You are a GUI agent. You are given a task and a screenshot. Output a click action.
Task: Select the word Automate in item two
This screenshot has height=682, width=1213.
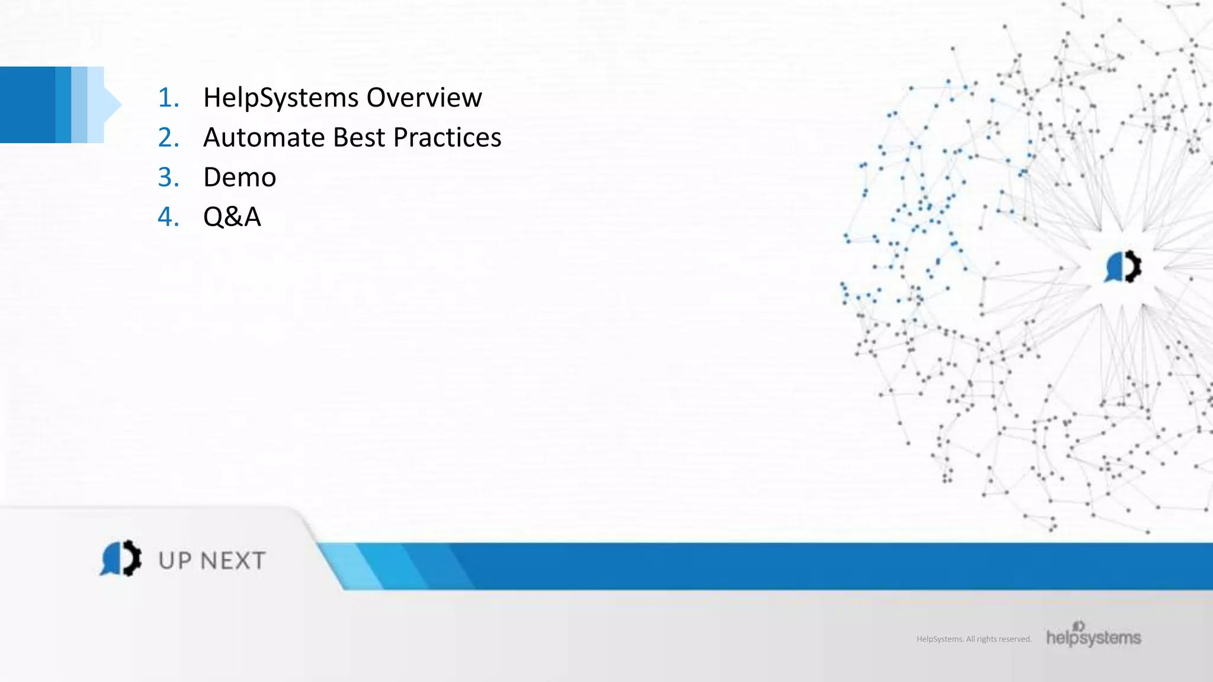[264, 137]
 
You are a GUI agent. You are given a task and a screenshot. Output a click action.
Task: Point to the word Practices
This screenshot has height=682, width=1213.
[447, 137]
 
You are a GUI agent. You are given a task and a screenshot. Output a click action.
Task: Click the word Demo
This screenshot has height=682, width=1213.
[239, 177]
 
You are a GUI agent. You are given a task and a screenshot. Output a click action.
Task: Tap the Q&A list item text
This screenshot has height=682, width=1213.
[232, 217]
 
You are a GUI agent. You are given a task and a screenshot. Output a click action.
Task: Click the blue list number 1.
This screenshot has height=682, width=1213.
[168, 98]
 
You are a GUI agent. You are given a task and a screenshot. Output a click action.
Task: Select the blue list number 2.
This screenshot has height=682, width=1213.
[168, 137]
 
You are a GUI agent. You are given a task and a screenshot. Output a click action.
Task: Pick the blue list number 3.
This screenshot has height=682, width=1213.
[168, 177]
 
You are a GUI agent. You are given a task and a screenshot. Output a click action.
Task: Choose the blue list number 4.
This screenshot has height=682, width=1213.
[168, 217]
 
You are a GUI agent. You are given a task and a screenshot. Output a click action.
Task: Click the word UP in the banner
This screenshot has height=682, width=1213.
[175, 561]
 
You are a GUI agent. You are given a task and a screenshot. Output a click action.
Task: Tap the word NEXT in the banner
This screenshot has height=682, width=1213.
[232, 561]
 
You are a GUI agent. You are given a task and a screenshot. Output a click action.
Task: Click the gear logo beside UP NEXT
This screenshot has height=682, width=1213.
[121, 558]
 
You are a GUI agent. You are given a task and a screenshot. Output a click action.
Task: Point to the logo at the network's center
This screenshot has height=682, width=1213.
[1123, 266]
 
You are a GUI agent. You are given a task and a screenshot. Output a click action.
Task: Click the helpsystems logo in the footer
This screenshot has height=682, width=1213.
[1093, 635]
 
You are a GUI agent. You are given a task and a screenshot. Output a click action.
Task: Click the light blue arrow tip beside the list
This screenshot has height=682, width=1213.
[113, 105]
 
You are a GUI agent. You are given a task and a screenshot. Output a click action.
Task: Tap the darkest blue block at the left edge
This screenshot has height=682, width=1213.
[27, 105]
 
